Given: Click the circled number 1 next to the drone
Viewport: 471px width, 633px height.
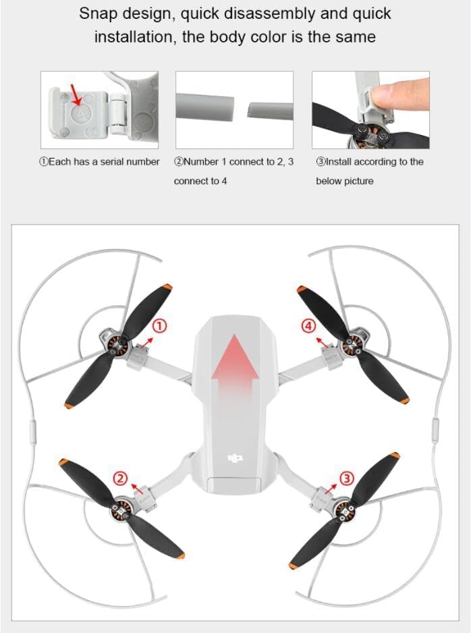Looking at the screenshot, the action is [x=160, y=326].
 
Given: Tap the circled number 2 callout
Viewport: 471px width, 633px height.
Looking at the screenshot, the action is [x=120, y=478].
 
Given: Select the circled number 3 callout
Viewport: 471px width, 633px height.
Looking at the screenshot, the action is [x=347, y=478].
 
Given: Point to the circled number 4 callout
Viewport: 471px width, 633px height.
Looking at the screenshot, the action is [x=309, y=326].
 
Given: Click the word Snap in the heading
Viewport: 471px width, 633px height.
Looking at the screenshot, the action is [x=98, y=13].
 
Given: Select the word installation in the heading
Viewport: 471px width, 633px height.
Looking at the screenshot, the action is [x=135, y=37].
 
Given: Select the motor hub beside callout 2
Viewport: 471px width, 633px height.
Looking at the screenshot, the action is [x=121, y=509].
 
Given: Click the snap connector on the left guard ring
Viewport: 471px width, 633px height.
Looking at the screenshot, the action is [x=32, y=431].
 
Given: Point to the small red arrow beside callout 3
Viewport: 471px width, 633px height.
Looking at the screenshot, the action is [x=331, y=488].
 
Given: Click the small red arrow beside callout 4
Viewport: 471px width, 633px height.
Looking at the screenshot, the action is [x=322, y=343].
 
